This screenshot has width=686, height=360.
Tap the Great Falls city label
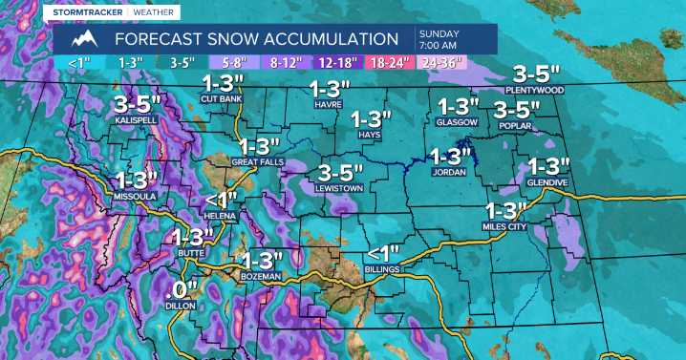(x=255, y=163)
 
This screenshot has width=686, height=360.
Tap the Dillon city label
(x=180, y=307)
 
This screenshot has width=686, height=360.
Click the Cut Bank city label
(x=221, y=98)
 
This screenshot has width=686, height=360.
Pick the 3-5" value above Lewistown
(x=340, y=173)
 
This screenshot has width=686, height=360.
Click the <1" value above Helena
(x=221, y=200)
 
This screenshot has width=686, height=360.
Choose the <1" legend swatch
(x=79, y=63)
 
